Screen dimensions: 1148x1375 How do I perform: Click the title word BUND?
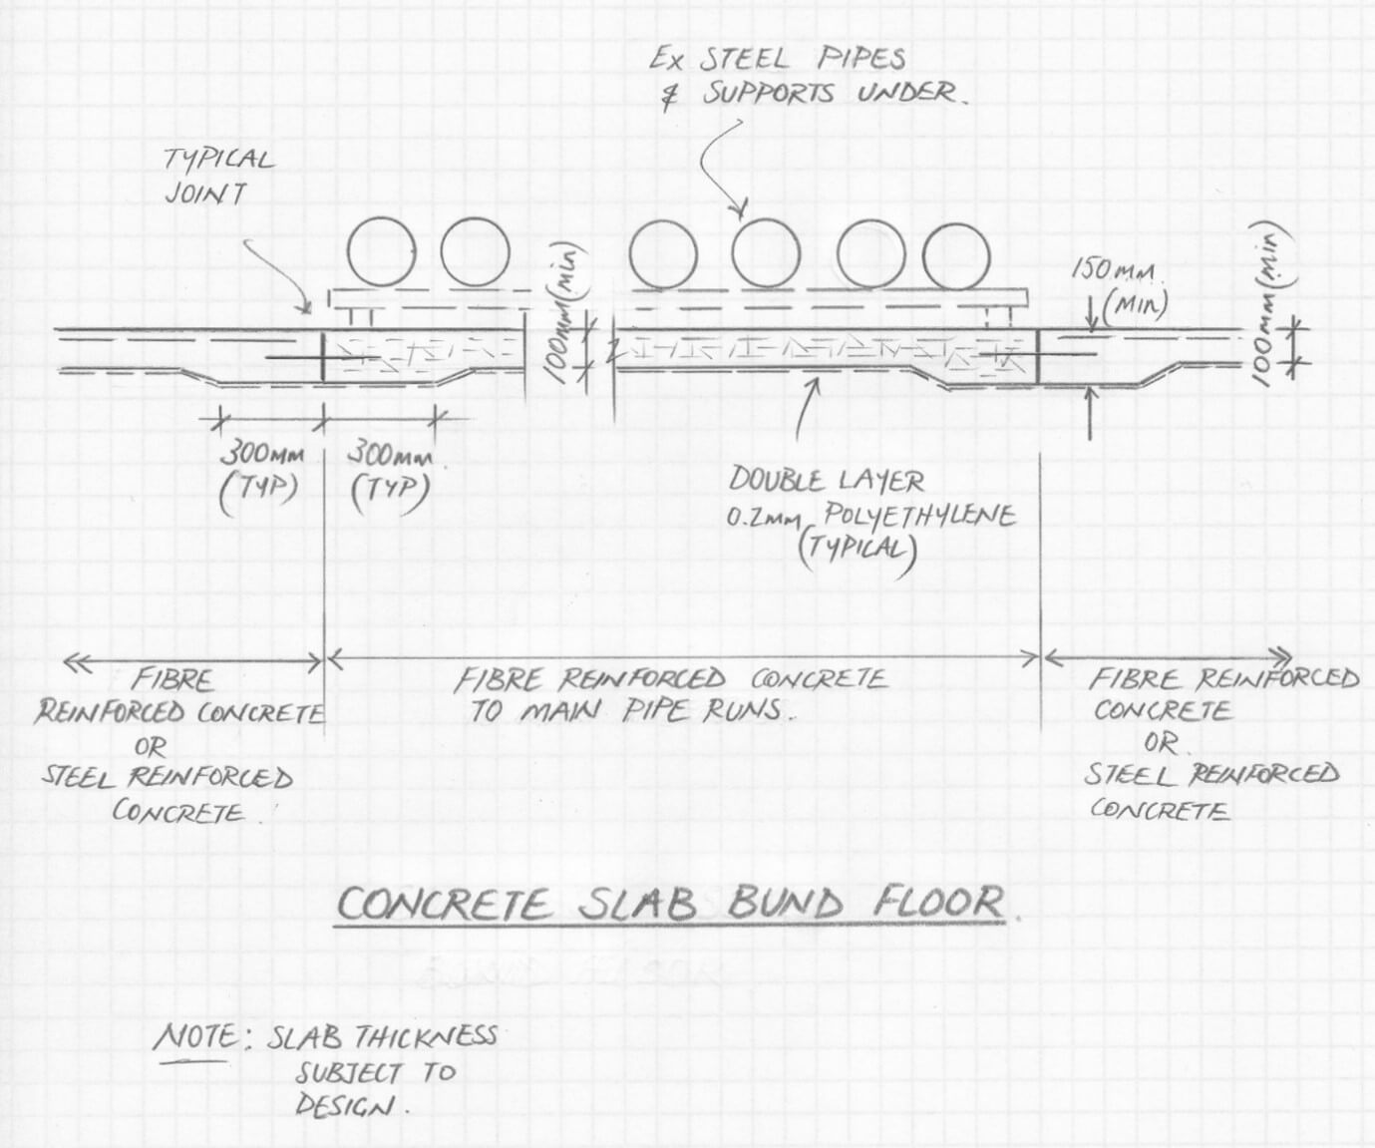point(785,904)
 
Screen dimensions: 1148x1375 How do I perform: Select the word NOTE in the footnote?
point(197,1037)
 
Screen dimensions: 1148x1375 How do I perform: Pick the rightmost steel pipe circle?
point(956,255)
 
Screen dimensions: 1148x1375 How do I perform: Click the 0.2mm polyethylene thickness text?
point(764,519)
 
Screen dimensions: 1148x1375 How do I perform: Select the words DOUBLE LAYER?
point(826,481)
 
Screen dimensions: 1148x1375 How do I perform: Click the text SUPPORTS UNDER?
point(836,95)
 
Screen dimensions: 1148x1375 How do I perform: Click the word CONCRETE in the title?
point(443,906)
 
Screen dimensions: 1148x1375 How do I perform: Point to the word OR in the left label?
point(151,745)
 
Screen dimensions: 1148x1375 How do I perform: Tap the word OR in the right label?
point(1160,743)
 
